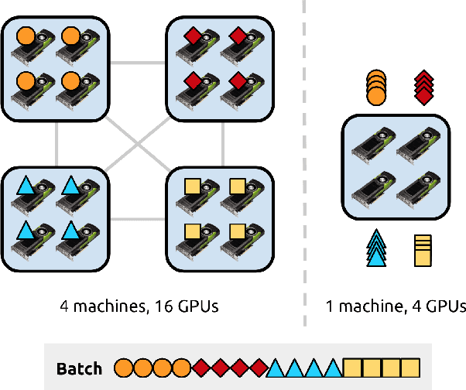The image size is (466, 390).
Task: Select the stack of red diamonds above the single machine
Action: (423, 85)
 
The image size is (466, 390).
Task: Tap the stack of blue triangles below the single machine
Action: (376, 248)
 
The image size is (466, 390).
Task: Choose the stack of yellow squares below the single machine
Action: (423, 249)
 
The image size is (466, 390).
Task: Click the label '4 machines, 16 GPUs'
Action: (139, 306)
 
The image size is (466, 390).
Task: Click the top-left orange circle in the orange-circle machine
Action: (24, 36)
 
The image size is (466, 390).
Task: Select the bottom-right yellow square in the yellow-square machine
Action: (238, 230)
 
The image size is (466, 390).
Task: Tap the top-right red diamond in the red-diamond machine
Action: (238, 36)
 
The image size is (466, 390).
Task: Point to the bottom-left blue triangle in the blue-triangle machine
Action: (24, 230)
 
